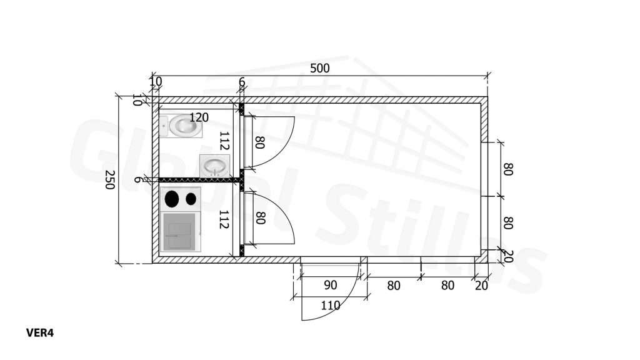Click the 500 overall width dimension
coord(319,68)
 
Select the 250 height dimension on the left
coord(109,179)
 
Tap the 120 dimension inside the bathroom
coord(199,117)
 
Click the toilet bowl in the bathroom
coord(185,126)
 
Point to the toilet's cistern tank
coord(164,126)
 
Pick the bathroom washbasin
coord(215,166)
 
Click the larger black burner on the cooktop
coord(172,199)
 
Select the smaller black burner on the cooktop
coord(191,199)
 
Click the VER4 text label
coord(40,333)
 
